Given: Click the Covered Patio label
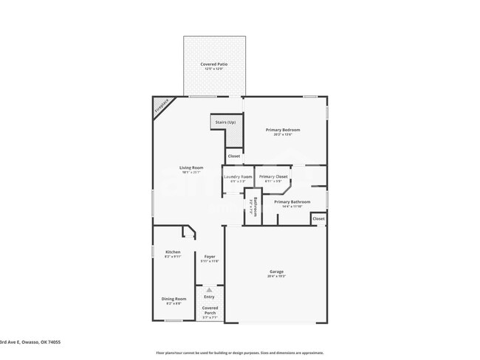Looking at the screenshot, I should [213, 64].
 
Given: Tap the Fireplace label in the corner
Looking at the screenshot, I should [162, 105].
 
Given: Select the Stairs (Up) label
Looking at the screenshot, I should [225, 122].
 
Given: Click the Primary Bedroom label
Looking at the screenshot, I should [283, 130].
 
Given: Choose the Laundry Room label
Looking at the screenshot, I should [237, 177].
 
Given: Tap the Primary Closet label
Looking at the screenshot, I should [273, 177].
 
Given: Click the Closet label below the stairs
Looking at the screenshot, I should [233, 156].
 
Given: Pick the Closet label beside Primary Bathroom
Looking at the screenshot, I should [318, 219].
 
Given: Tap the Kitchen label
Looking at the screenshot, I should [172, 252].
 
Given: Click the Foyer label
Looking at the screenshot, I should [210, 257].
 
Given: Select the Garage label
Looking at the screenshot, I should [276, 272].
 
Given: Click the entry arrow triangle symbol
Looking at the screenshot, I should [209, 290].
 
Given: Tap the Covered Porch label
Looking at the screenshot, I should [210, 310].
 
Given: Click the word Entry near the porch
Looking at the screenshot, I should [209, 297].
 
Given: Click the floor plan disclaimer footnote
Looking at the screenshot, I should [239, 353].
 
